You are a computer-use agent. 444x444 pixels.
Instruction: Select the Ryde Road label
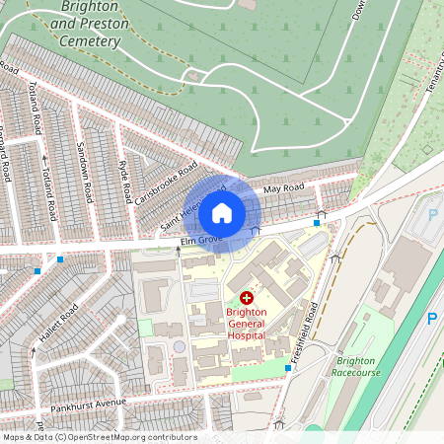pyautogui.click(x=123, y=179)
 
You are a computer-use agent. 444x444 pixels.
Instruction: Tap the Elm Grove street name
pyautogui.click(x=197, y=241)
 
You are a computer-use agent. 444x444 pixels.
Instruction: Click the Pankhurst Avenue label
pyautogui.click(x=92, y=405)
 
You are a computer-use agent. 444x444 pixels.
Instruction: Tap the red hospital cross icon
pyautogui.click(x=246, y=297)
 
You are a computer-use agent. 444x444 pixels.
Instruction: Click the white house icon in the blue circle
pyautogui.click(x=222, y=213)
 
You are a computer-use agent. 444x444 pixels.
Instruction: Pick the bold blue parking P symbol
pyautogui.click(x=431, y=318)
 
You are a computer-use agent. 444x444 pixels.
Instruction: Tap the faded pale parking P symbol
pyautogui.click(x=432, y=213)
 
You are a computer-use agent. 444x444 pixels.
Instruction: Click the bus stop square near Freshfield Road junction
pyautogui.click(x=316, y=223)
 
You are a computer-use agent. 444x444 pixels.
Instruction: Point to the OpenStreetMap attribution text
pyautogui.click(x=99, y=437)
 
